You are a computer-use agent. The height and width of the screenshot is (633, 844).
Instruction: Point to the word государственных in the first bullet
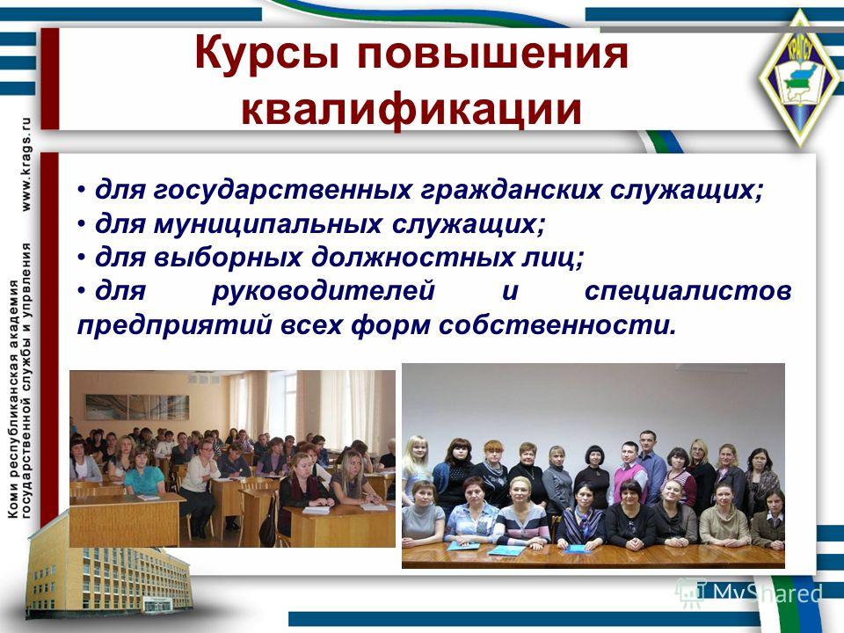tap(282, 190)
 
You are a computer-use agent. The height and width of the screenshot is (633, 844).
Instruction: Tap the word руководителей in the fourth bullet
tap(323, 291)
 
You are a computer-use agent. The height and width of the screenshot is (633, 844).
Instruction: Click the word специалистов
tap(688, 291)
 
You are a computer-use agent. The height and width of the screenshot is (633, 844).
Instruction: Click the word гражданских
tap(510, 190)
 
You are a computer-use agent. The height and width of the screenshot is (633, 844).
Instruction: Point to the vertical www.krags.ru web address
tap(25, 164)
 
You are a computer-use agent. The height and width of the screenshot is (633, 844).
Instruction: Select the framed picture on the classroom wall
tap(137, 407)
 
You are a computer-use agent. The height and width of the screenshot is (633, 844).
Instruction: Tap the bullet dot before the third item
tap(81, 258)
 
